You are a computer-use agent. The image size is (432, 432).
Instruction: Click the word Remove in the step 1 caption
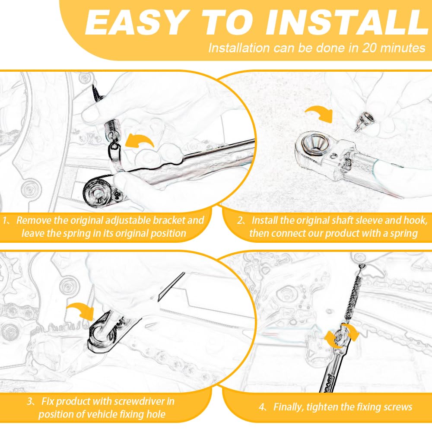tap(32, 220)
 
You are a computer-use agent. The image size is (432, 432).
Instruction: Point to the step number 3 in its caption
tap(29, 401)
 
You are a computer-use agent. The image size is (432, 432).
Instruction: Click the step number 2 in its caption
tap(241, 221)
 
